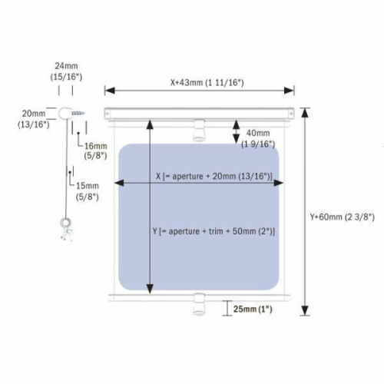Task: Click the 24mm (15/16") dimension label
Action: click(x=66, y=71)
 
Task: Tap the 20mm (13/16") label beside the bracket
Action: click(x=34, y=119)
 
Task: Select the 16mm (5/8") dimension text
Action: click(x=95, y=151)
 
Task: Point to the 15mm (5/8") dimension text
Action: click(x=88, y=191)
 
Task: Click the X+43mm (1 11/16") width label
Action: click(x=207, y=83)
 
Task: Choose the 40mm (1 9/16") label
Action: click(x=258, y=138)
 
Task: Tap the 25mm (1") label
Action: click(x=253, y=309)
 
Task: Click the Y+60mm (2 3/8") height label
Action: click(x=343, y=217)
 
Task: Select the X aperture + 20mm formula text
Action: click(x=214, y=177)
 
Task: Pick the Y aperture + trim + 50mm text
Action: click(x=214, y=231)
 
